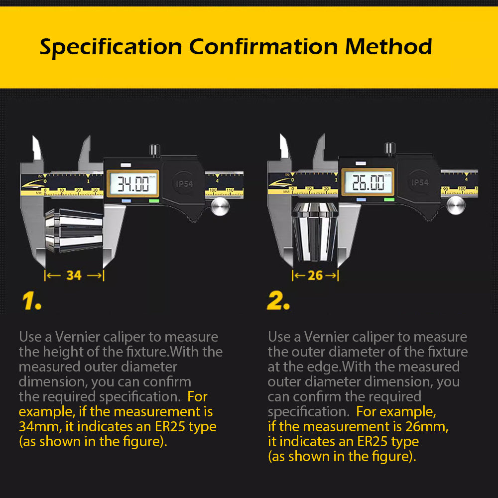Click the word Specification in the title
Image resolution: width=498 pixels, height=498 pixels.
click(x=111, y=47)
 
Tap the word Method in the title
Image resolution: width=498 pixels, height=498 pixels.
click(x=388, y=47)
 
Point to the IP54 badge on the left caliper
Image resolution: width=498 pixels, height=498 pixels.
click(x=184, y=183)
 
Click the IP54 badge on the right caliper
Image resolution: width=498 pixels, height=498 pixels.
click(x=419, y=182)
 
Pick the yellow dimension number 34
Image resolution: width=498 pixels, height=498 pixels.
click(x=74, y=275)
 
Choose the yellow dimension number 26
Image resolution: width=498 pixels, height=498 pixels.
click(x=315, y=275)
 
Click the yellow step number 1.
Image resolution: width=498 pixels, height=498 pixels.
click(x=31, y=301)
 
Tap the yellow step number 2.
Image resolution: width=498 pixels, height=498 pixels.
click(x=278, y=301)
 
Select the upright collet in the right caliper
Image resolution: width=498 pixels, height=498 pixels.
click(x=316, y=232)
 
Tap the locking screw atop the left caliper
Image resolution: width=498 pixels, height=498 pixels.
click(x=155, y=149)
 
